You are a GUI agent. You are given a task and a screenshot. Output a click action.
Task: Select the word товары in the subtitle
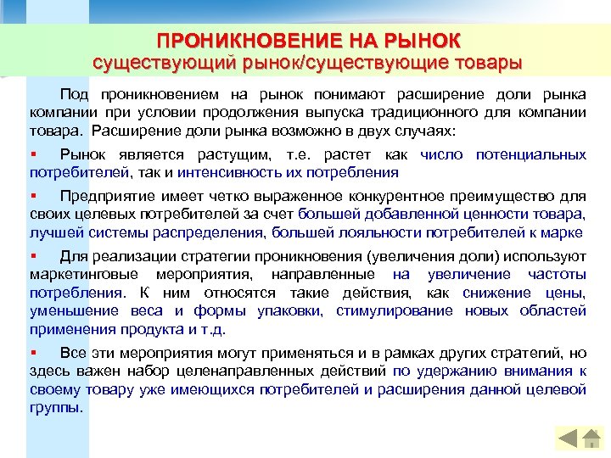(x=489, y=63)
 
